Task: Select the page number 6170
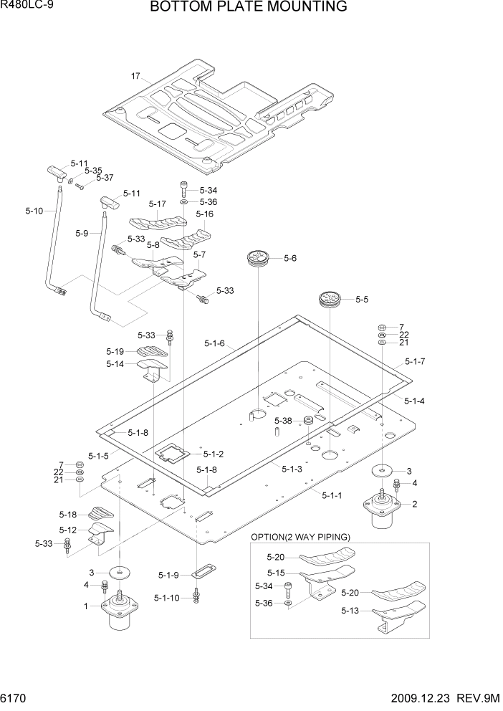16,697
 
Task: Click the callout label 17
135,76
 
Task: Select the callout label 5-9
82,233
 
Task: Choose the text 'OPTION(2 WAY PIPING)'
300,537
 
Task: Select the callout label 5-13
351,611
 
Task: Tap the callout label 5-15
277,573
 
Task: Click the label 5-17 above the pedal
157,204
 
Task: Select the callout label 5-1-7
415,361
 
